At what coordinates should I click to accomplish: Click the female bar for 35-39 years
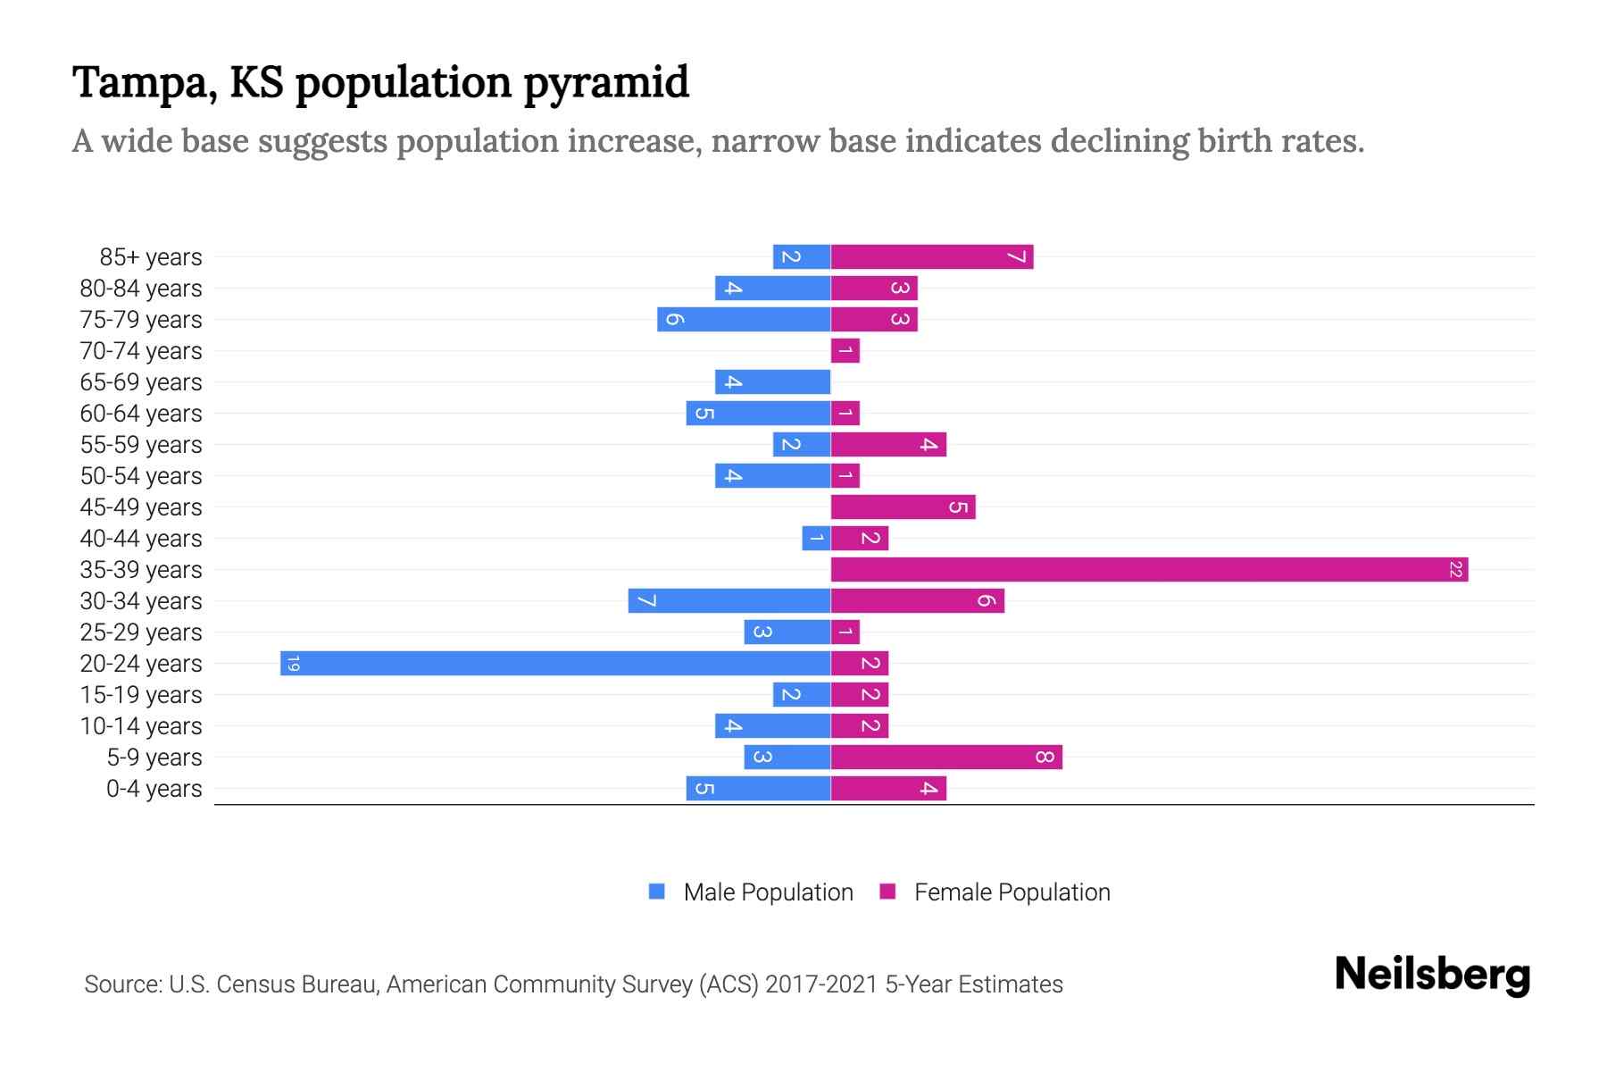pos(1149,569)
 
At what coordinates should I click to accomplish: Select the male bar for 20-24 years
pos(555,663)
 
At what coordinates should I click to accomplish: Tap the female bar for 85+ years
pos(932,256)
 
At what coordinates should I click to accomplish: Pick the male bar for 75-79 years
pos(744,319)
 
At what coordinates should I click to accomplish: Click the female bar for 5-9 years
pos(946,757)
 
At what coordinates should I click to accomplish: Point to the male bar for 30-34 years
pos(729,600)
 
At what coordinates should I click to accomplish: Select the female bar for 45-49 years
pos(903,507)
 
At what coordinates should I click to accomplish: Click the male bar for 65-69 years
pos(772,381)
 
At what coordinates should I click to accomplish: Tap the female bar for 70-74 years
pos(845,350)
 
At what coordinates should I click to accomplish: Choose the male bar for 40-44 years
pos(816,538)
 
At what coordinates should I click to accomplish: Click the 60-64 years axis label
pos(141,414)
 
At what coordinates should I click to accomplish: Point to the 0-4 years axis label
pos(154,789)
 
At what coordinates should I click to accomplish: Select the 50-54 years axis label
pos(141,476)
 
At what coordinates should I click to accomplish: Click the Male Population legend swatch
pos(657,892)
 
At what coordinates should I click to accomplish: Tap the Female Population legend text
pos(1012,892)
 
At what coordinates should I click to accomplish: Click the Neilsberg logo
pos(1432,975)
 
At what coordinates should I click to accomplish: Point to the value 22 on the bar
pos(1455,569)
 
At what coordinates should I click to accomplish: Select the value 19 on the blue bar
pos(293,663)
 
